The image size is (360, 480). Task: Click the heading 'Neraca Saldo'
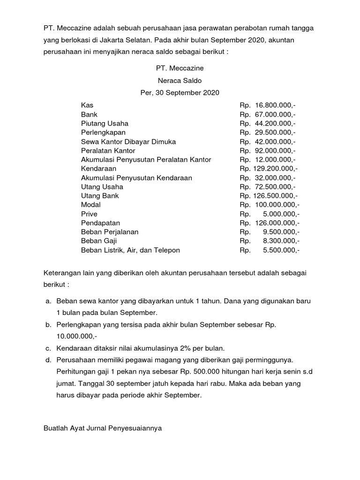[180, 80]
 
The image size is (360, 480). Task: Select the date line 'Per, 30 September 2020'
[180, 92]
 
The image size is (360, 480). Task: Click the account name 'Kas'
[87, 105]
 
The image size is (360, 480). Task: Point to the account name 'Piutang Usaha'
[105, 123]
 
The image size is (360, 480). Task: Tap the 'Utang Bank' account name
[100, 195]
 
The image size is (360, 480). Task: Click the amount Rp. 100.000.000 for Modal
[270, 205]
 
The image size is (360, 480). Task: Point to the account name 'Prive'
[89, 214]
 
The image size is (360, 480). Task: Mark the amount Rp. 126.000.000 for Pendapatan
[270, 223]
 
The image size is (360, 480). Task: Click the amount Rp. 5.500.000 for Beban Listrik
[270, 250]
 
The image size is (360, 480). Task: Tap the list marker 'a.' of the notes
[48, 300]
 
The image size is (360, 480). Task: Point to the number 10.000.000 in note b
[75, 336]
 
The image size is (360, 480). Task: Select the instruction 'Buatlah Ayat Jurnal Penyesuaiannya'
[102, 427]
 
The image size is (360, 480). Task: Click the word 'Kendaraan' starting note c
[75, 348]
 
